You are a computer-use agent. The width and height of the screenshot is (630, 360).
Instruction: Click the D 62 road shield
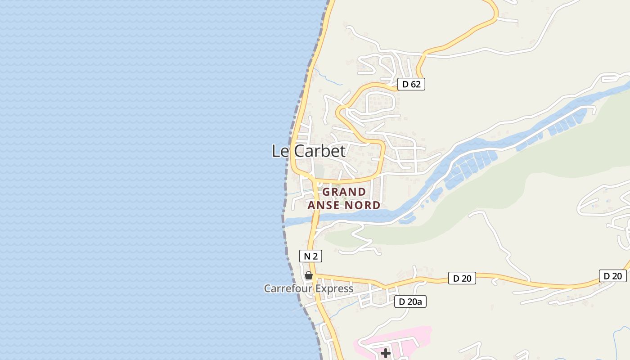411,84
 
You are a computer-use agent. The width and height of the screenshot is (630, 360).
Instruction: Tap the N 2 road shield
310,256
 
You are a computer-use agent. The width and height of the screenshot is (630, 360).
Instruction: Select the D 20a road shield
410,301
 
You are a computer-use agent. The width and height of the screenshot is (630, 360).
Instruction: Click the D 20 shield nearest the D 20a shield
462,278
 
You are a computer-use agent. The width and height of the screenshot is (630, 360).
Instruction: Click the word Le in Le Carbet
280,151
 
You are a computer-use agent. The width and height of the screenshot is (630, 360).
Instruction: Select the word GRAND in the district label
344,192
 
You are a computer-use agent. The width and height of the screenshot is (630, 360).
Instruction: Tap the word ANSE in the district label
324,205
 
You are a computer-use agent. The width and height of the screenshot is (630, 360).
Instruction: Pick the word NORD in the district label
362,205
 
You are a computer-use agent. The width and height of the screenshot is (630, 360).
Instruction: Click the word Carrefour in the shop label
287,288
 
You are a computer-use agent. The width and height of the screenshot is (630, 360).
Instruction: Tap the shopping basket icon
309,275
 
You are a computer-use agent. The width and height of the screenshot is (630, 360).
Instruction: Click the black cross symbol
385,353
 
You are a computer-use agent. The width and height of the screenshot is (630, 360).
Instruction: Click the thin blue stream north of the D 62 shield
328,78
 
